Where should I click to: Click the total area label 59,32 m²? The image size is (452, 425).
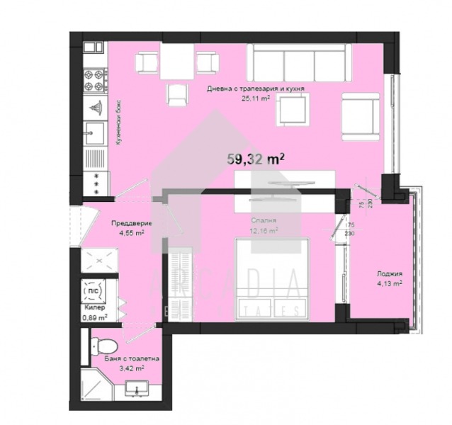coord(256,159)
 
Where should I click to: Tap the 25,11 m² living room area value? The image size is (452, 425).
coord(256,99)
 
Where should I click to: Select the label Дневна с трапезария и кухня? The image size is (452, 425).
coord(256,89)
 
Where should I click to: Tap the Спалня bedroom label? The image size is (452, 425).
coord(264,221)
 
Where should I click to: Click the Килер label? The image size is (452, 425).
coord(94,308)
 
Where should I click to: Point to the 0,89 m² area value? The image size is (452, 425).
coord(94,318)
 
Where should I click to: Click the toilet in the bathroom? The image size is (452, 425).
coord(104,346)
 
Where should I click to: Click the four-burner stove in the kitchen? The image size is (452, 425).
coord(95,80)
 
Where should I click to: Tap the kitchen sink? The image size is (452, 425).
coord(95,132)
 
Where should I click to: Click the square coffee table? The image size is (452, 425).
coord(292,110)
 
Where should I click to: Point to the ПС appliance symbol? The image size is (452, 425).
coord(93,290)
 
